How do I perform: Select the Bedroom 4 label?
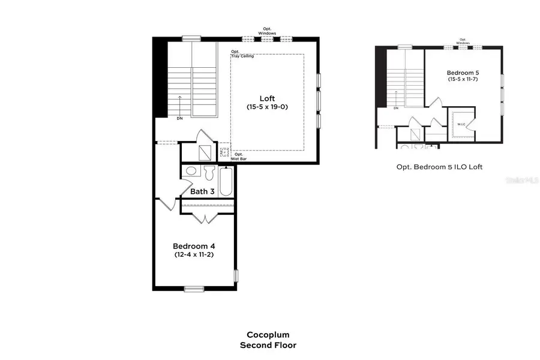194,246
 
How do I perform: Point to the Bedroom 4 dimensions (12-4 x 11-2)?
194,254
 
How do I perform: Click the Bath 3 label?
202,192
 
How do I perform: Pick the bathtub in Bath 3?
226,181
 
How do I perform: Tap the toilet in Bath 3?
209,173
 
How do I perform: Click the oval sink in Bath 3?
191,171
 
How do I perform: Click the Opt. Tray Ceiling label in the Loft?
242,55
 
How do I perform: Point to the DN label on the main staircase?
179,118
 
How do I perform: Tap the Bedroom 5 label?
463,73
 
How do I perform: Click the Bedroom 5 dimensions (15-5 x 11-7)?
463,79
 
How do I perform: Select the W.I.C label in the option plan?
461,125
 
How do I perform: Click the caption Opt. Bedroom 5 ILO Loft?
439,167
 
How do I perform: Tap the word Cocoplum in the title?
268,335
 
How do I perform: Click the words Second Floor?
268,345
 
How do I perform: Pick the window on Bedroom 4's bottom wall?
194,289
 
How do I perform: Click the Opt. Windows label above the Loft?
268,31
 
